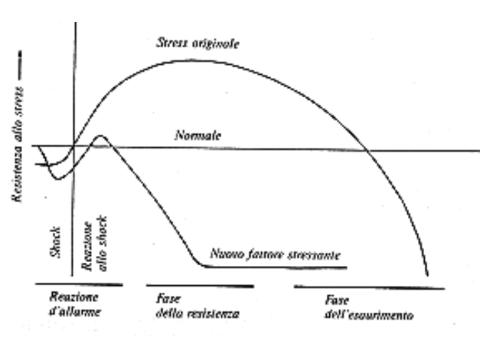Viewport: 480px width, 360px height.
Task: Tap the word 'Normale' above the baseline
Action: coord(197,136)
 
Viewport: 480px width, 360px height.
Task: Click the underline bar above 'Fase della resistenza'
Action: coord(199,285)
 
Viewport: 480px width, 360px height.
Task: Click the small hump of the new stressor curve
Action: coord(101,137)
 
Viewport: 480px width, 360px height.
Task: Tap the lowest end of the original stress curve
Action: coord(427,275)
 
